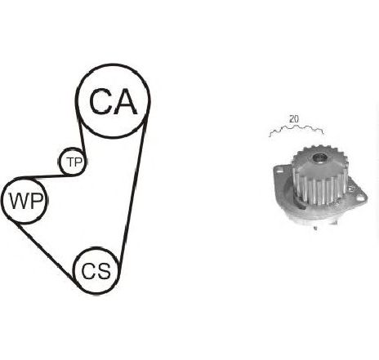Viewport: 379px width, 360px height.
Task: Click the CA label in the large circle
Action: coord(114,101)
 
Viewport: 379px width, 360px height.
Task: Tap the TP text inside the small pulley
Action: coord(74,162)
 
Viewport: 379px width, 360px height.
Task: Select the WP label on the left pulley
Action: coord(26,201)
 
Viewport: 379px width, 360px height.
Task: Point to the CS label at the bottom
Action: coord(96,271)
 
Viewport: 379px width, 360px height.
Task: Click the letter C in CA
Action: coord(100,101)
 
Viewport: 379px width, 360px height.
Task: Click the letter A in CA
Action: coord(125,101)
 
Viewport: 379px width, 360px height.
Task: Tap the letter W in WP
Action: coord(19,201)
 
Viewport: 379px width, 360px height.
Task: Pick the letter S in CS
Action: coord(104,271)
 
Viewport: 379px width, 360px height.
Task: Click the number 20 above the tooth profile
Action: coord(294,119)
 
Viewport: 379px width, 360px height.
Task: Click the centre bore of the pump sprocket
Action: coord(320,158)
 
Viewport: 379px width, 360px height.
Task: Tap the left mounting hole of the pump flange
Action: coord(279,171)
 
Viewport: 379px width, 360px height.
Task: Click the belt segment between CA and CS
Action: coord(134,188)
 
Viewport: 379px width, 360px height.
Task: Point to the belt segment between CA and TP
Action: coord(82,135)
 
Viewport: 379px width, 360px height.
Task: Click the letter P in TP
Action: coord(78,162)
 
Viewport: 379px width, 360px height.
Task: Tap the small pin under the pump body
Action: coord(315,228)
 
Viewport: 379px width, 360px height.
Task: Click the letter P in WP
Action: coord(37,201)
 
